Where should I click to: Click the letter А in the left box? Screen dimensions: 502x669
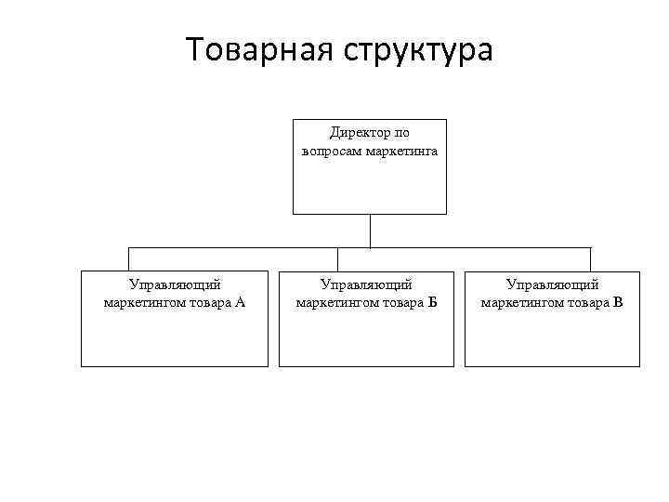[240, 302]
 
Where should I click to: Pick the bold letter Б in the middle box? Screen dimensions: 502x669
[431, 302]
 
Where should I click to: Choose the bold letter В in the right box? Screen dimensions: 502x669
[618, 302]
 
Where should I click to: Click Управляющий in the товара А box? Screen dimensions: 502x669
[175, 285]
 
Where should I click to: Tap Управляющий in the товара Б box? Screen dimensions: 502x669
[366, 285]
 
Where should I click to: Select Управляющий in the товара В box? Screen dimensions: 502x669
[553, 285]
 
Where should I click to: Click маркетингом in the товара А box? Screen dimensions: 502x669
[141, 302]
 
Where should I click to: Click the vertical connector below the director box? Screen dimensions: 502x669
[370, 231]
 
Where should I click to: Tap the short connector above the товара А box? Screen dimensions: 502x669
[128, 259]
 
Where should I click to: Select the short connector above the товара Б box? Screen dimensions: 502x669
[337, 259]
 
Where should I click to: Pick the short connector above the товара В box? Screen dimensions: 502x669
[590, 259]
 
